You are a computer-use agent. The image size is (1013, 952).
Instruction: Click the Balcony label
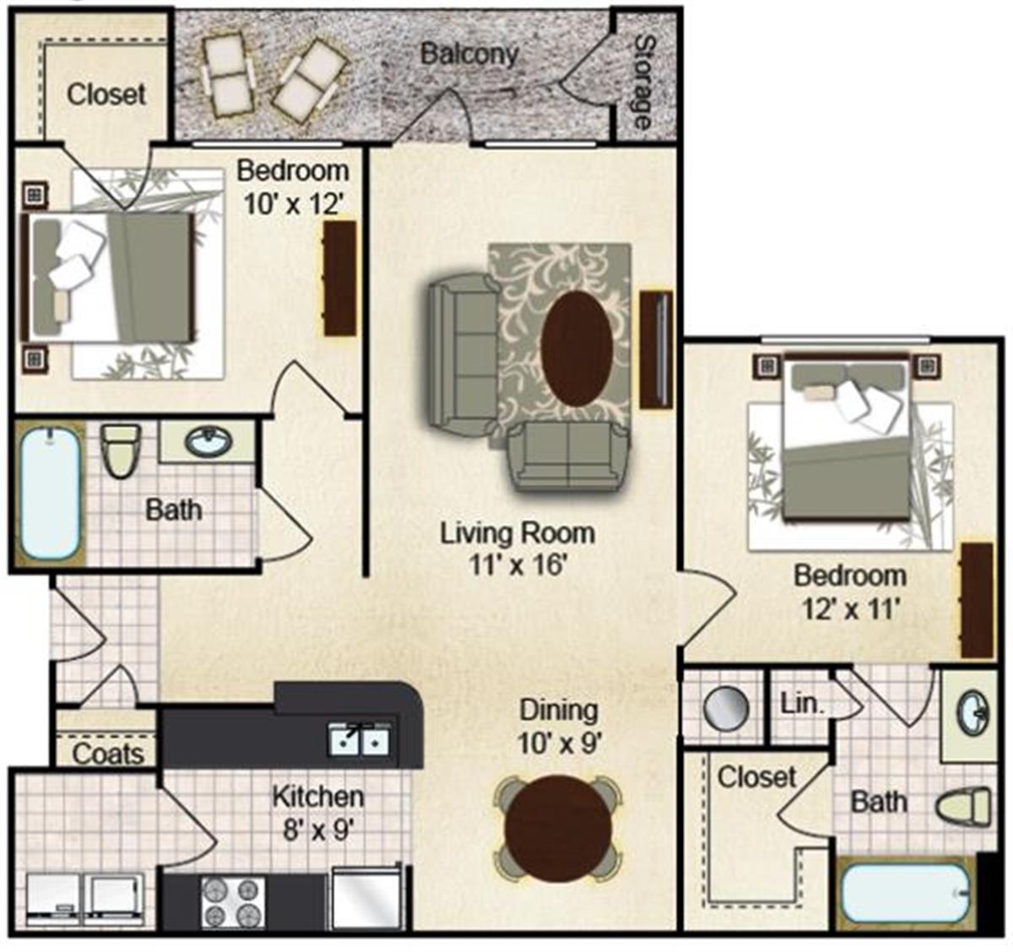[469, 54]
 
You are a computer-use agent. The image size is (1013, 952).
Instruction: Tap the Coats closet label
[107, 755]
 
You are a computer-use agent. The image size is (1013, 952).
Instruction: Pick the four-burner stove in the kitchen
[233, 903]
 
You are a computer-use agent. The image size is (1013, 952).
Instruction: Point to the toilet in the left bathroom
[121, 451]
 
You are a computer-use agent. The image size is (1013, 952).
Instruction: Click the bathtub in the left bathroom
[50, 494]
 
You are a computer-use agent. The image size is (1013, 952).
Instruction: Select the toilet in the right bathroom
[963, 806]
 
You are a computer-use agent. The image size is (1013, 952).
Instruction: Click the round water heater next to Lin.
[726, 707]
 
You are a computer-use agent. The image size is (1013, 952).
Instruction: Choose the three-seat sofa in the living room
[461, 351]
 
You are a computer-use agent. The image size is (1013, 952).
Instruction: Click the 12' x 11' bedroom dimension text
[849, 609]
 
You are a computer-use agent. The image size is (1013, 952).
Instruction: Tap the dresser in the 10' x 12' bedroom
[339, 278]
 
